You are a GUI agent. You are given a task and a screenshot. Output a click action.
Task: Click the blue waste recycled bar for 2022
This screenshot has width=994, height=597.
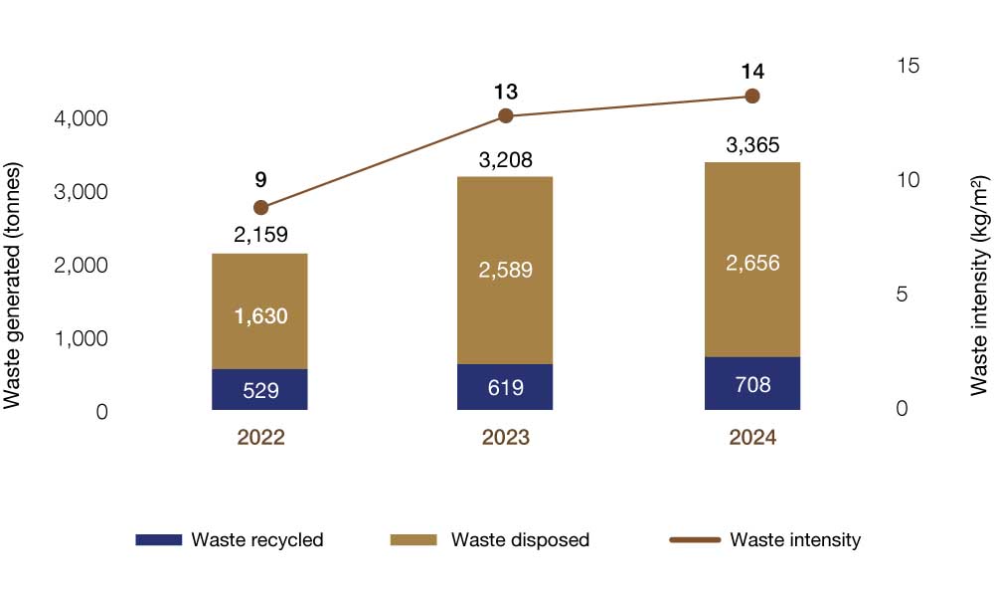tap(260, 389)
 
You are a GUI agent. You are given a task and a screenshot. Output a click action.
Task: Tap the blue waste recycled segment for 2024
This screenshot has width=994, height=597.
tap(751, 383)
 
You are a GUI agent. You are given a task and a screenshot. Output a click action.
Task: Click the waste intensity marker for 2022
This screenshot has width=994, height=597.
tap(260, 208)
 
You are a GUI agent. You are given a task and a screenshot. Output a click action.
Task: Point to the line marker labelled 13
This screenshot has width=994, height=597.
tap(505, 115)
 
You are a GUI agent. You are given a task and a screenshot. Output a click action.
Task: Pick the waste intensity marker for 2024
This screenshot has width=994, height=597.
tap(752, 96)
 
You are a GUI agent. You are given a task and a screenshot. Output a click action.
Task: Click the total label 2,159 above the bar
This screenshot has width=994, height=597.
tap(260, 237)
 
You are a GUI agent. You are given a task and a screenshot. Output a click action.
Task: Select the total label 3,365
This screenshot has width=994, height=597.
tap(752, 146)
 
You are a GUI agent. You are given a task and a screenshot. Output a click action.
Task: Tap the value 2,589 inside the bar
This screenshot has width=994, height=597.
tap(505, 270)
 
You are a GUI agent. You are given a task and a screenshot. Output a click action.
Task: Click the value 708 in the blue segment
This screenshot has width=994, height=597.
tap(751, 384)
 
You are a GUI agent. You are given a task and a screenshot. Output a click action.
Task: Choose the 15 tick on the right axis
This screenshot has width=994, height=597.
tap(908, 66)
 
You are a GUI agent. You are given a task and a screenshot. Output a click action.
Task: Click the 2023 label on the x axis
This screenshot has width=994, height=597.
tap(505, 439)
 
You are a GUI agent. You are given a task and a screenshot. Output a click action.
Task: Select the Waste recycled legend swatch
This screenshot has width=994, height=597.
tap(159, 539)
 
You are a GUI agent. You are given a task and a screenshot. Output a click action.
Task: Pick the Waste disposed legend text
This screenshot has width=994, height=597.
tap(520, 540)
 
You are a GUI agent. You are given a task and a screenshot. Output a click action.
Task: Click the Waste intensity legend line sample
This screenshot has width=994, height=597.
tap(694, 539)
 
